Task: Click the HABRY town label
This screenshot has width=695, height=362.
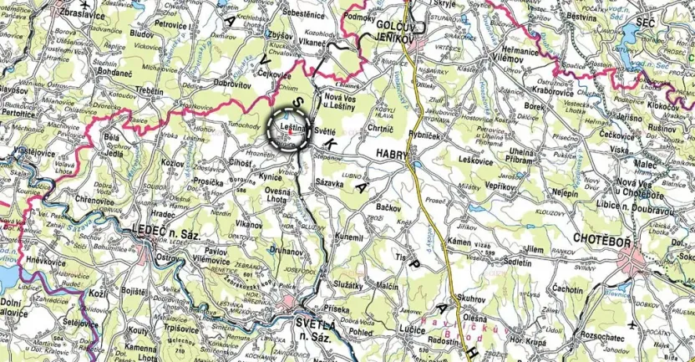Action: (x=392, y=153)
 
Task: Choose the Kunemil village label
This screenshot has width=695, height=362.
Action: (x=349, y=238)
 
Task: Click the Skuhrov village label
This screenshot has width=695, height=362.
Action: (x=472, y=298)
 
